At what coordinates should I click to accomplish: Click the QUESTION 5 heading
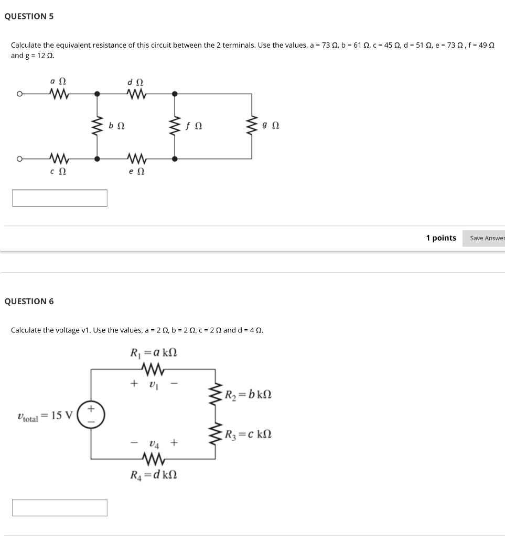click(x=29, y=16)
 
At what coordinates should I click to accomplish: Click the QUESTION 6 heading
click(x=29, y=301)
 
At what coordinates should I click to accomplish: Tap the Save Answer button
click(x=487, y=238)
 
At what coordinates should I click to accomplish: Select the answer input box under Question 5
click(x=60, y=198)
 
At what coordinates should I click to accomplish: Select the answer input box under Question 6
click(x=60, y=507)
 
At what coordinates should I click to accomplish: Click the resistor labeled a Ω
click(x=58, y=94)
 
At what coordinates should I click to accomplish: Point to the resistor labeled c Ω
click(x=58, y=158)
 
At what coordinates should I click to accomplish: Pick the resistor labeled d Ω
click(x=136, y=94)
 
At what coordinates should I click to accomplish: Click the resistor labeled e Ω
click(x=136, y=158)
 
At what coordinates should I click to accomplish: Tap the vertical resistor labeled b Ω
click(x=96, y=126)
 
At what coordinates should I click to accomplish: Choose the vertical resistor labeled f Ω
click(x=175, y=126)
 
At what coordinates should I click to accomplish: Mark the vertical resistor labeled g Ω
click(x=251, y=126)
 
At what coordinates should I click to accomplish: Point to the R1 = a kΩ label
click(x=154, y=352)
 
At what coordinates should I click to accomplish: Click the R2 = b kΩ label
click(x=249, y=395)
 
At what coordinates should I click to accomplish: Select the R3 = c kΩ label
click(x=249, y=434)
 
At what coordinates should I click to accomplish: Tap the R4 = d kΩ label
click(x=154, y=475)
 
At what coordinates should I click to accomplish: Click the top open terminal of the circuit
click(x=19, y=94)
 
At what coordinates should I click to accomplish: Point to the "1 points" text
click(x=441, y=238)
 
